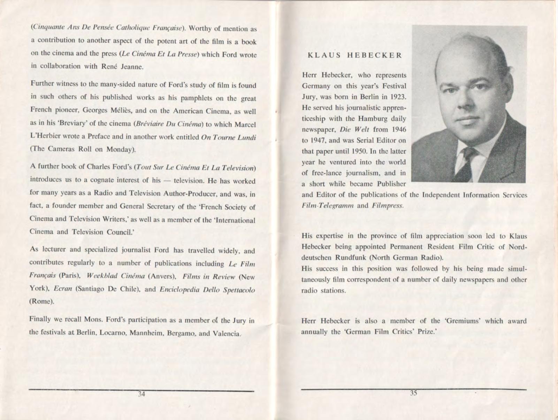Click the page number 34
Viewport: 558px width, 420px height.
click(142, 394)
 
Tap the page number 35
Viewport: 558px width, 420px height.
click(413, 393)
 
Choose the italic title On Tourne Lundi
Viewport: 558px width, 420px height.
click(229, 137)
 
